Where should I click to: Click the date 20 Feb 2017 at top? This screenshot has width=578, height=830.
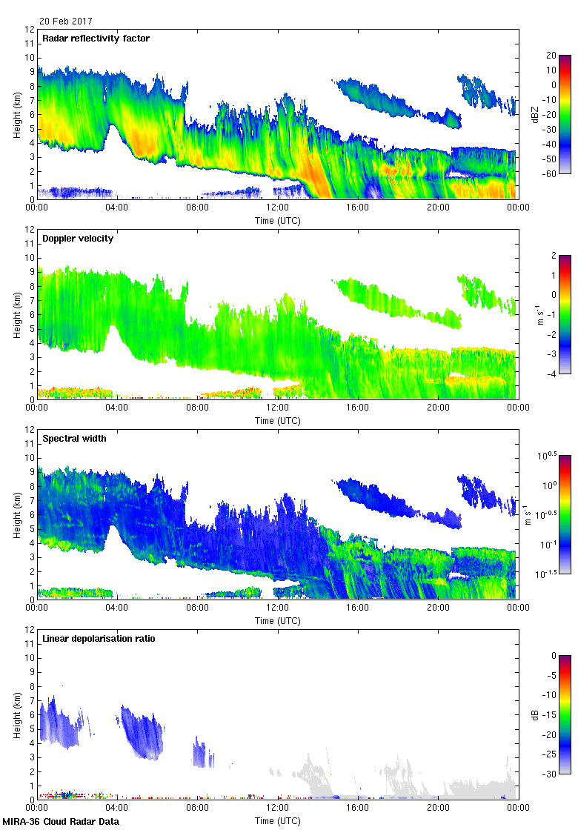coord(66,21)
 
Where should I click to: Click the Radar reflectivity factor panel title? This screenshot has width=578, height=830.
coord(96,39)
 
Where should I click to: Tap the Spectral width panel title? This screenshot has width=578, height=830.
coord(74,439)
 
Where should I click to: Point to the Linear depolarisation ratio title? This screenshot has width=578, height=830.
coord(99,639)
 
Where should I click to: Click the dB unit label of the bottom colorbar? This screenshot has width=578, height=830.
coord(535,715)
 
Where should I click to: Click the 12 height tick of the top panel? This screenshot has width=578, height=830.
coord(30,30)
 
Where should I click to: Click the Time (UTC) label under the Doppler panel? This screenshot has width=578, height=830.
coord(277,420)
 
